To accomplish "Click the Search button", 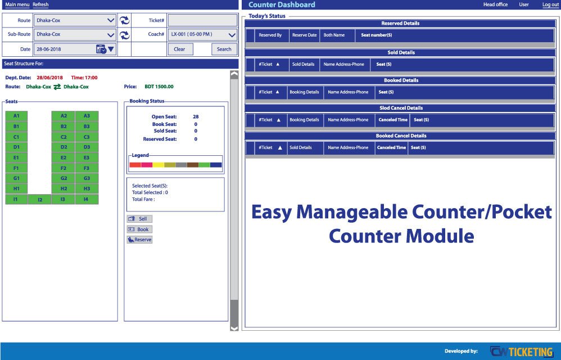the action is [224, 49].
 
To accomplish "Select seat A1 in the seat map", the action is [16, 116].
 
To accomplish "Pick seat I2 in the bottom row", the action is [39, 200].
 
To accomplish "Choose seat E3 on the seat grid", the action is [87, 158].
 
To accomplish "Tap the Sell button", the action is [139, 219].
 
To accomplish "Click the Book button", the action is [139, 229].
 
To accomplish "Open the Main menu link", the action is [17, 4].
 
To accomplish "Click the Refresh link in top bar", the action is [40, 4].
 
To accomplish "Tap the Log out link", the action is [550, 4].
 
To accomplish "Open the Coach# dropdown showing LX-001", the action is [202, 34].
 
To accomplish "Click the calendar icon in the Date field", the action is [101, 49].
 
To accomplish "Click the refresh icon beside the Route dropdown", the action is [124, 20].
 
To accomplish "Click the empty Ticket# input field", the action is [202, 20].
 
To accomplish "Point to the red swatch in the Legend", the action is [135, 165].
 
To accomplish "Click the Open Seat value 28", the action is [196, 116].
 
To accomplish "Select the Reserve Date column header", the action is [305, 35].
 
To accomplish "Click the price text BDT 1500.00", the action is [159, 87].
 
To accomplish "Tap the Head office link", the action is [495, 4].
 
